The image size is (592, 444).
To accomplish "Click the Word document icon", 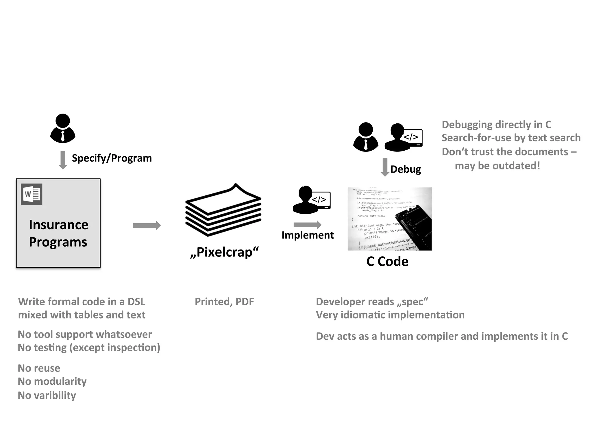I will tap(32, 194).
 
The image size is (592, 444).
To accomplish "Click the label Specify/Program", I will tap(112, 158).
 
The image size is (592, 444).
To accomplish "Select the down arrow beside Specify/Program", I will tap(63, 160).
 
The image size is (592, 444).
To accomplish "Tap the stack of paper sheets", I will tap(223, 210).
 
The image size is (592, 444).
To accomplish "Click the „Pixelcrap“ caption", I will tap(224, 252).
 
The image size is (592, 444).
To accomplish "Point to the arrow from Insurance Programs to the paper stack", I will tap(147, 225).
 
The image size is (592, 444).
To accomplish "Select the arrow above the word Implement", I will tap(307, 225).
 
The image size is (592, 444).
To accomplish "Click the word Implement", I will tap(308, 235).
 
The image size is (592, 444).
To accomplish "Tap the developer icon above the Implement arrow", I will tap(311, 200).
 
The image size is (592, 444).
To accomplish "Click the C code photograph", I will tap(389, 219).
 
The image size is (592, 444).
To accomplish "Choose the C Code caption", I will tap(387, 262).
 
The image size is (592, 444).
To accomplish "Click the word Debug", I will tap(406, 169).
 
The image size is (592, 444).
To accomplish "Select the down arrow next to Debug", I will tap(385, 167).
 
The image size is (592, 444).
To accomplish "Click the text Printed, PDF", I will tap(224, 302).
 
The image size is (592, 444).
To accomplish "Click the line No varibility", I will tap(47, 395).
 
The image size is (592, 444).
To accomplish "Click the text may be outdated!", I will tap(497, 166).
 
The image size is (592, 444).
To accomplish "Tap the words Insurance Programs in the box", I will tap(58, 233).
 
